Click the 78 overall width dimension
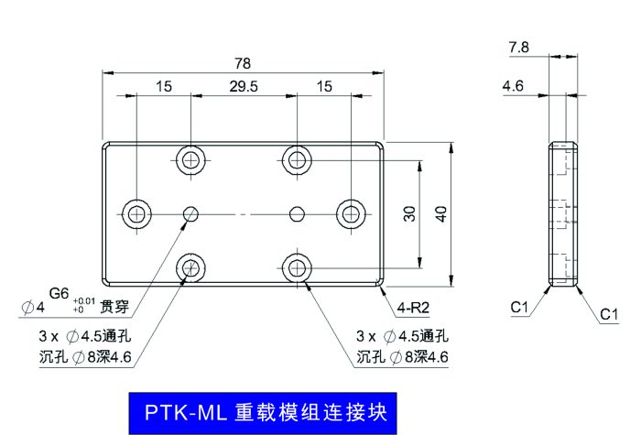242,63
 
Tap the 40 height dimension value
440,214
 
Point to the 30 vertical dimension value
409,214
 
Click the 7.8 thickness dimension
518,46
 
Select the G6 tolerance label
59,293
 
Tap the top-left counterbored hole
190,158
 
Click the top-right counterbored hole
296,158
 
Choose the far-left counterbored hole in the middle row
136,214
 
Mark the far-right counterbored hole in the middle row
350,214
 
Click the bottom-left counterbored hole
190,268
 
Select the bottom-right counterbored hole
296,268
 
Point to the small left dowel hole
190,214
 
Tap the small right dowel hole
296,214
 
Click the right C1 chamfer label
610,315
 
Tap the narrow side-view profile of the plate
564,214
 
